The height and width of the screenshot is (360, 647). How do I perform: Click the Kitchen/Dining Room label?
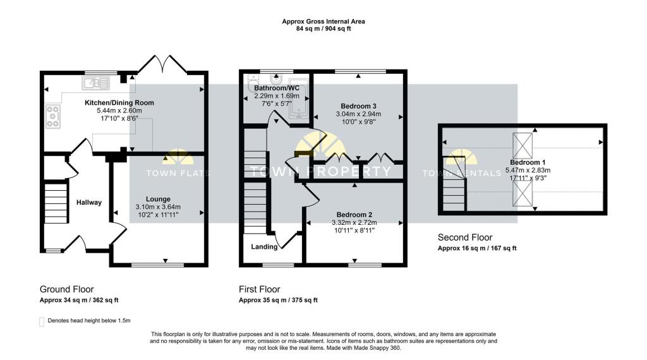point(119,103)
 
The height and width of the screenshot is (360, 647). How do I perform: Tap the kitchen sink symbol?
point(96,83)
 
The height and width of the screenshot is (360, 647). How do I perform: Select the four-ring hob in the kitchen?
point(53,116)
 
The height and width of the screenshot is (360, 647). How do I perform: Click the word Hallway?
point(88,203)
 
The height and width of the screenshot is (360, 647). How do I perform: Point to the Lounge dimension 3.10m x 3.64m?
point(158,207)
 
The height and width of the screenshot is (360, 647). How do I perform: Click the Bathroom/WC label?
point(277,88)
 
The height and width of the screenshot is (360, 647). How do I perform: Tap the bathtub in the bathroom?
point(298,98)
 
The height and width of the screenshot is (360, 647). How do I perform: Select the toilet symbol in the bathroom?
point(253,83)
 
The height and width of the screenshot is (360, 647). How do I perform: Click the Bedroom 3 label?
point(358,106)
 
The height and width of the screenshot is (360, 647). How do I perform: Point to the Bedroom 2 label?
point(354,215)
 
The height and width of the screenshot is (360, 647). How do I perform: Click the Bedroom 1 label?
point(528,162)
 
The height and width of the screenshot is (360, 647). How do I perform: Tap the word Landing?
point(264,246)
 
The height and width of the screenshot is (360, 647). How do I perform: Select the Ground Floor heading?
point(66,289)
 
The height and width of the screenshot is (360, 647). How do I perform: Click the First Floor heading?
point(259,289)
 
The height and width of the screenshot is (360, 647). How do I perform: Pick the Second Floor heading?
point(465,237)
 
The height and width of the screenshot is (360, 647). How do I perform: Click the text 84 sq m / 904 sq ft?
point(323,29)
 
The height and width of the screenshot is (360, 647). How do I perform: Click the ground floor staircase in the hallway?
point(56,203)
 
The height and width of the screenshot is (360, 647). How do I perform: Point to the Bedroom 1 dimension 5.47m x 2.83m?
point(528,171)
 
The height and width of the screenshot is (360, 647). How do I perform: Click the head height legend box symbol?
point(42,321)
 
